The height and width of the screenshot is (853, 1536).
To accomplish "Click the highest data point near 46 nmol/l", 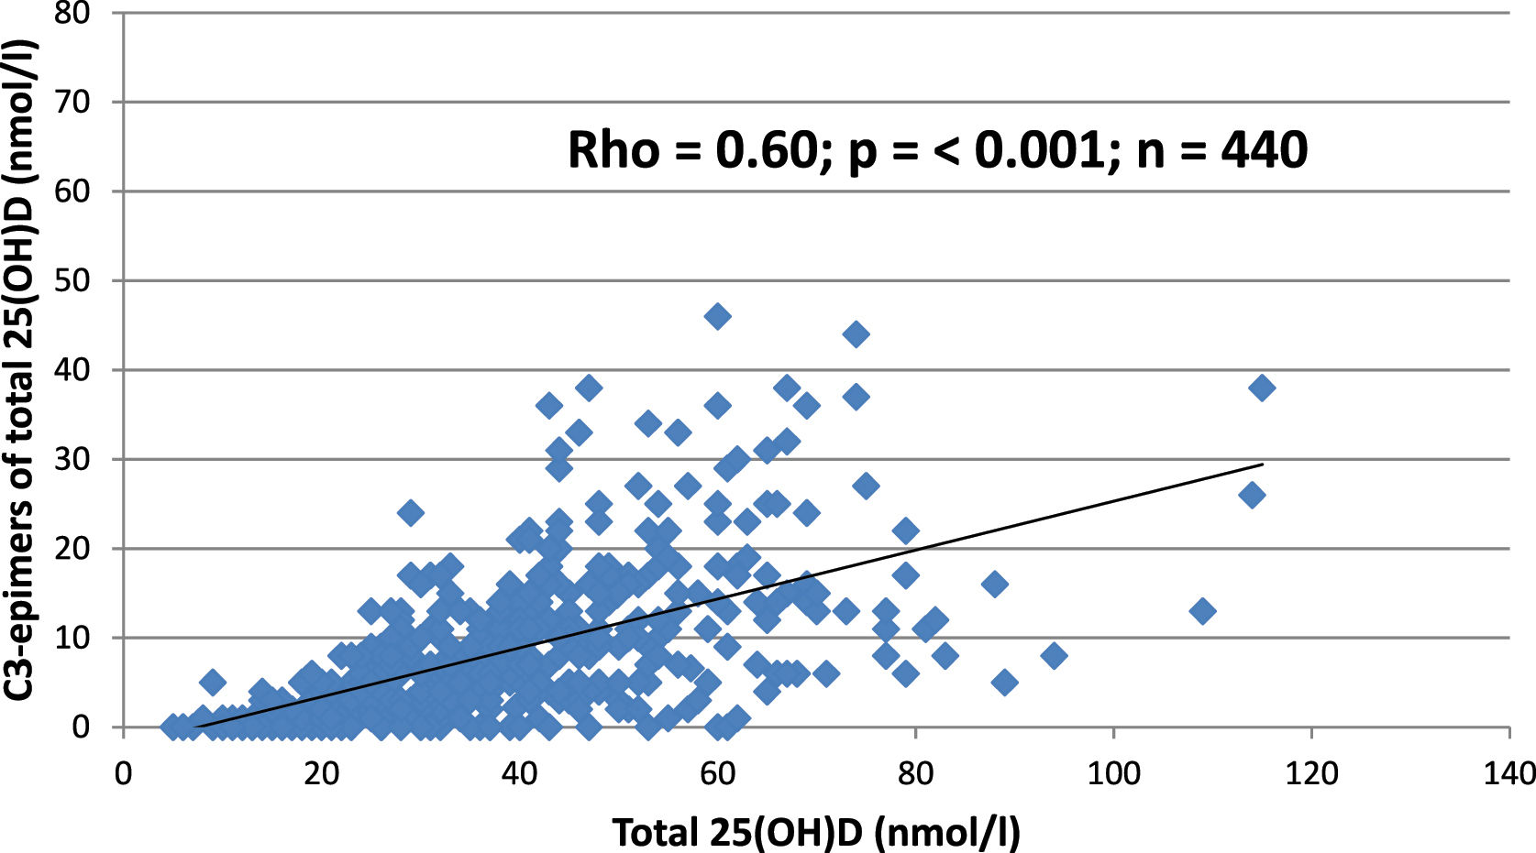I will (717, 317).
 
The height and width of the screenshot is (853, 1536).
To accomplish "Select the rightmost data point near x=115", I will (1262, 388).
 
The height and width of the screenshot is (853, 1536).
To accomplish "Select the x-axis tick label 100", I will (1113, 774).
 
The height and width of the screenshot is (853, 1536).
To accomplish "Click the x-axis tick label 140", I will (1508, 774).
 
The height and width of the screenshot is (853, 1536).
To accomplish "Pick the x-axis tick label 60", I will (717, 774).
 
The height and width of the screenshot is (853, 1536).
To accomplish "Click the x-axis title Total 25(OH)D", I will (815, 832).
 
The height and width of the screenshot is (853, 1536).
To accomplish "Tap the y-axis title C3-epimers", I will (18, 370).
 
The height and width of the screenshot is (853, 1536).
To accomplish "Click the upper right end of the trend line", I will (1263, 465).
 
